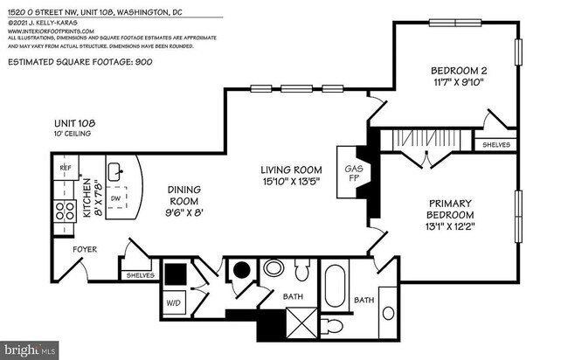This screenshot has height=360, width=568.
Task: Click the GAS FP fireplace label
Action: coord(354,174)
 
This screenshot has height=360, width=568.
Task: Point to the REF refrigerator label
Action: coord(65,167)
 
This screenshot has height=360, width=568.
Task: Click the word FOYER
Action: coord(85,250)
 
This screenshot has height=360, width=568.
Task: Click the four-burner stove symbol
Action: coord(66,211)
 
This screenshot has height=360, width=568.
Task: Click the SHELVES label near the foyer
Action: coord(140,275)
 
